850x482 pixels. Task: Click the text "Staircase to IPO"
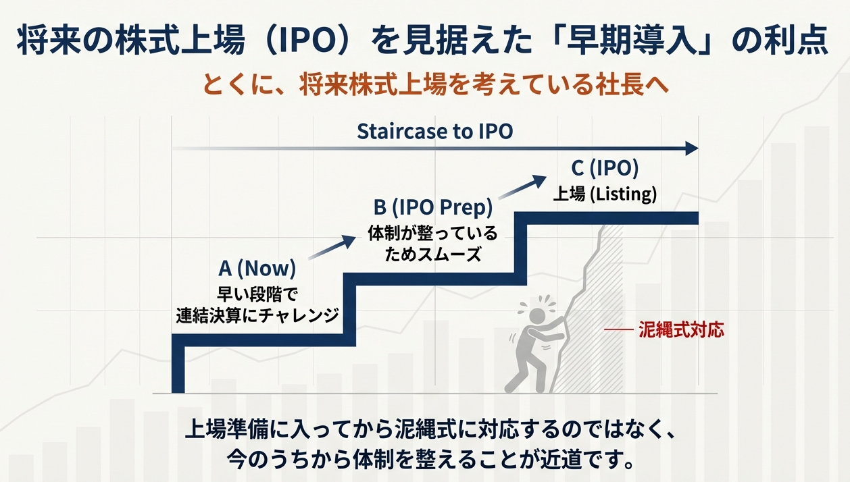[434, 131]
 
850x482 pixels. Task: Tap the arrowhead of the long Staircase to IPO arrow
[691, 149]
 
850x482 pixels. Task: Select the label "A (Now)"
[257, 268]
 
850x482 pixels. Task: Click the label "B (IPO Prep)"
[433, 207]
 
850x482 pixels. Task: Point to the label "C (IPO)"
[605, 169]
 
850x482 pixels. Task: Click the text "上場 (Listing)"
[605, 194]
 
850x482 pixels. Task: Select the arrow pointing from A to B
[332, 247]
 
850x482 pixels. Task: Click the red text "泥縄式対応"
[680, 330]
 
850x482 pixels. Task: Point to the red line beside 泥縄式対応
[617, 330]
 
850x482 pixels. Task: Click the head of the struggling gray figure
[534, 314]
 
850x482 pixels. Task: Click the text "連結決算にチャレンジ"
[257, 315]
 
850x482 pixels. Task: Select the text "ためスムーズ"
[433, 255]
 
